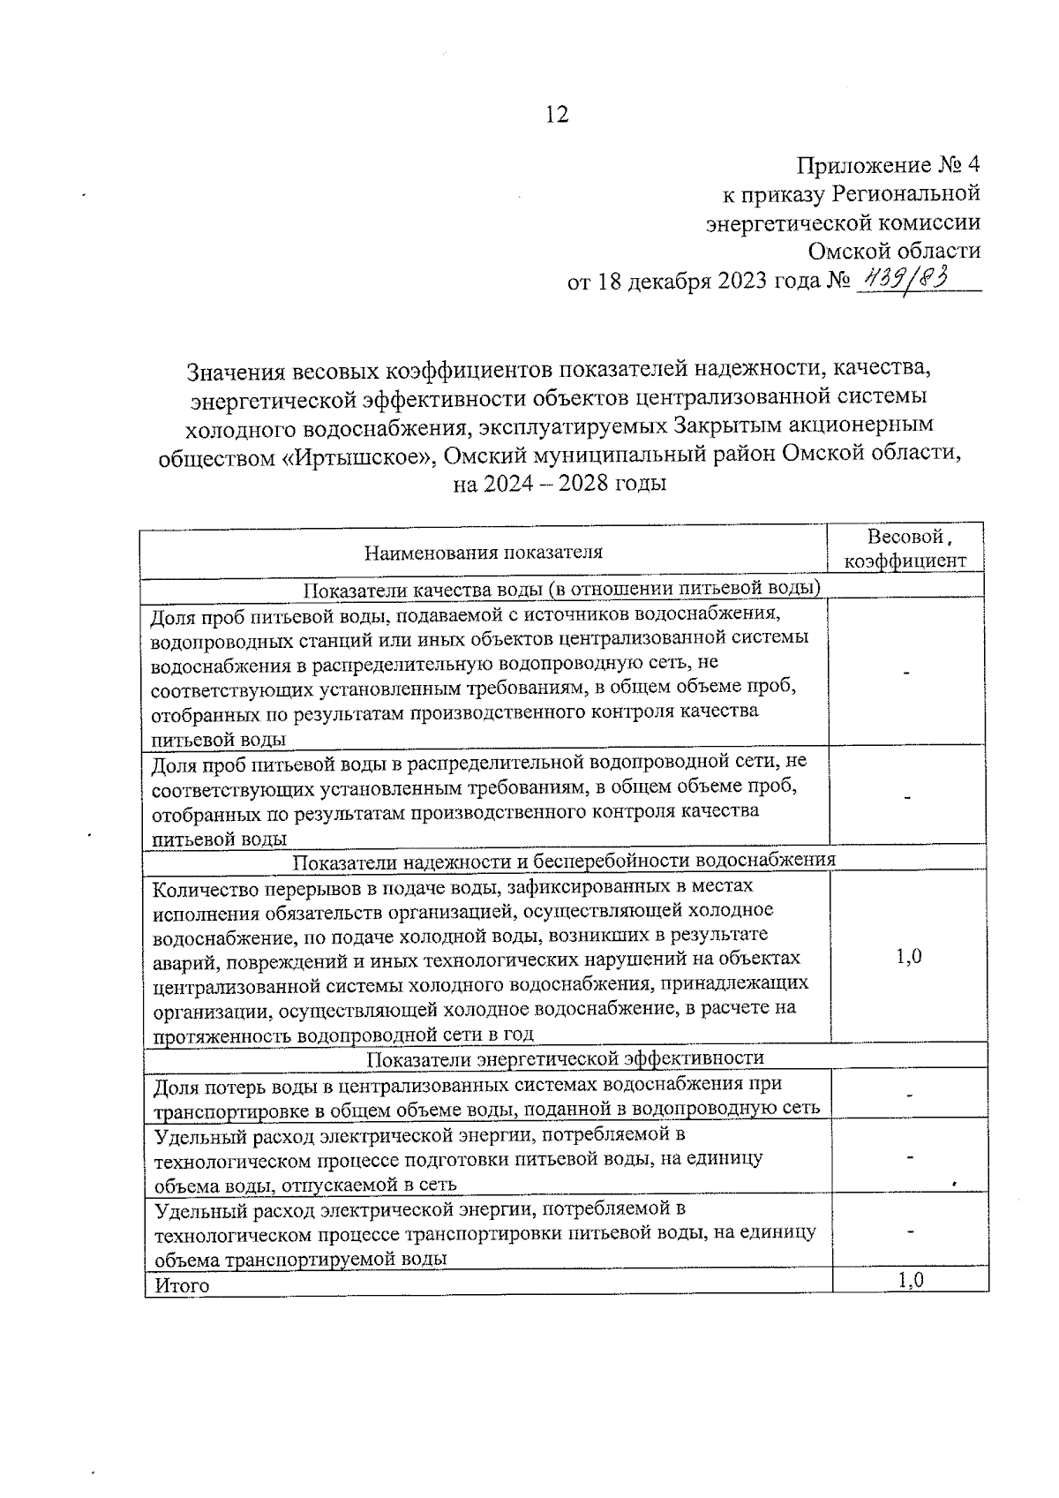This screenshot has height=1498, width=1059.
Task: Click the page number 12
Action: coord(557,115)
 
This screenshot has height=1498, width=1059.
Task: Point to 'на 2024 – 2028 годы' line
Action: coord(560,484)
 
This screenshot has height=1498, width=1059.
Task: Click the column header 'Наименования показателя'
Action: coord(484,553)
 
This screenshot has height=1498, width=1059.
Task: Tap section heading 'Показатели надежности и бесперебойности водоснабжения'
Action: coord(564,860)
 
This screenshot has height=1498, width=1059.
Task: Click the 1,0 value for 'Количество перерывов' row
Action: coord(909,957)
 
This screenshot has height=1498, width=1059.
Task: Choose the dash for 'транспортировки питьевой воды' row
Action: coord(909,1231)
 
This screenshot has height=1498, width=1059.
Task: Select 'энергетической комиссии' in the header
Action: coord(844,222)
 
